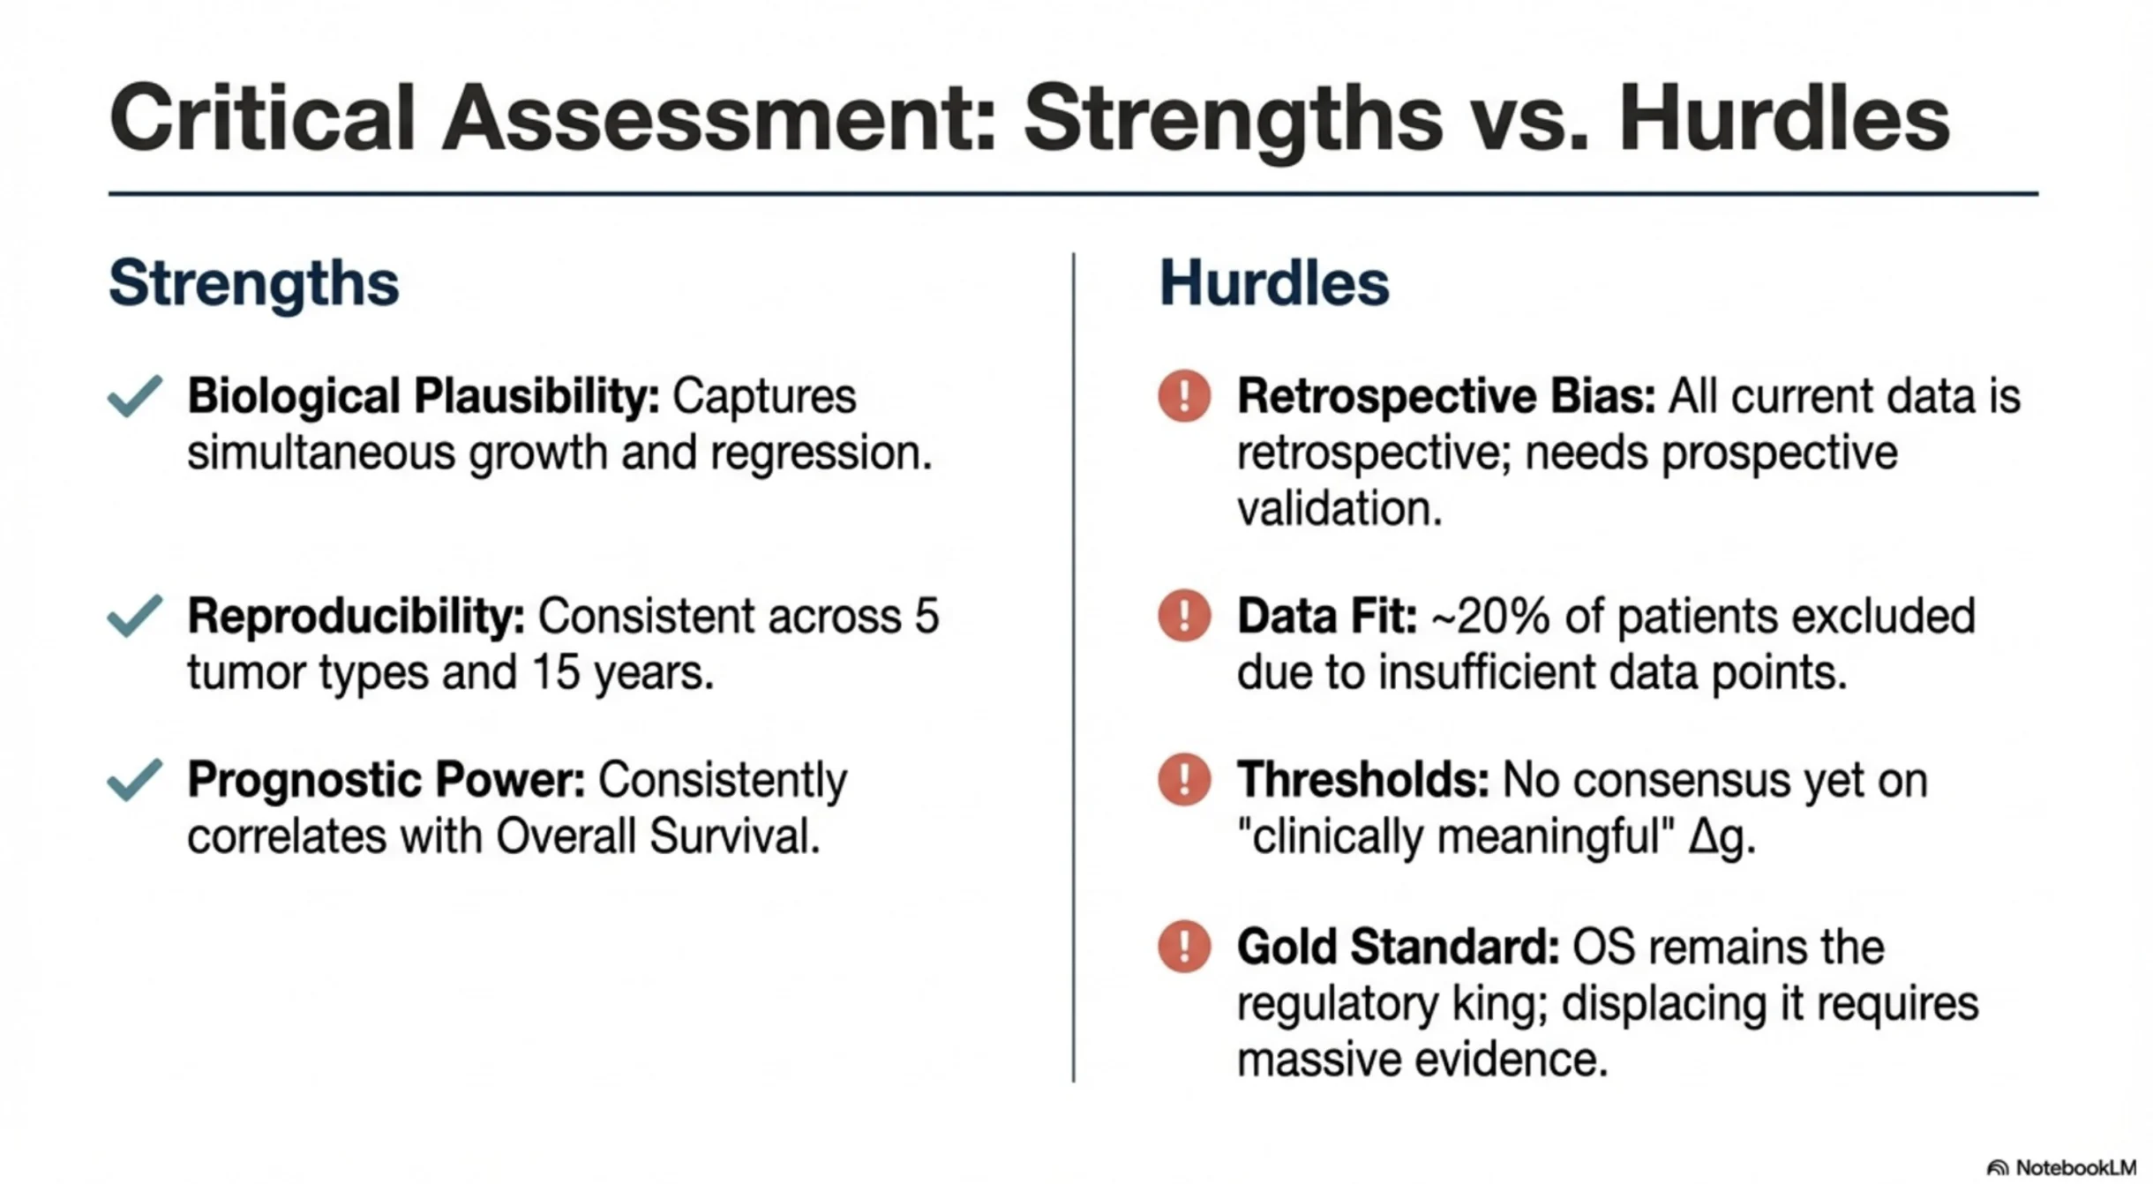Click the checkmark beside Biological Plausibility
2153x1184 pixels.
point(134,396)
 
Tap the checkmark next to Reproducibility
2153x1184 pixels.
point(134,616)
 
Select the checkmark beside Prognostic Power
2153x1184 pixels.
point(134,780)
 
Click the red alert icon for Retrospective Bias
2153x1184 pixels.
point(1184,395)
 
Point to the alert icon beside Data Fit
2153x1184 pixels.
point(1184,615)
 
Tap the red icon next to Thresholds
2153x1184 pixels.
point(1184,779)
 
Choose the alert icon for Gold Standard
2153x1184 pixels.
point(1184,946)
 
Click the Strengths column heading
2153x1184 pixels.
point(254,284)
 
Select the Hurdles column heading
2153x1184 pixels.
point(1274,283)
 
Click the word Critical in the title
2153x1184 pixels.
point(263,118)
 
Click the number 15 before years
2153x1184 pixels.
point(556,673)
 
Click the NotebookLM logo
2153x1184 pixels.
point(2061,1167)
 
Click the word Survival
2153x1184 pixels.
point(734,836)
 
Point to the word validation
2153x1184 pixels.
point(1339,509)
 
